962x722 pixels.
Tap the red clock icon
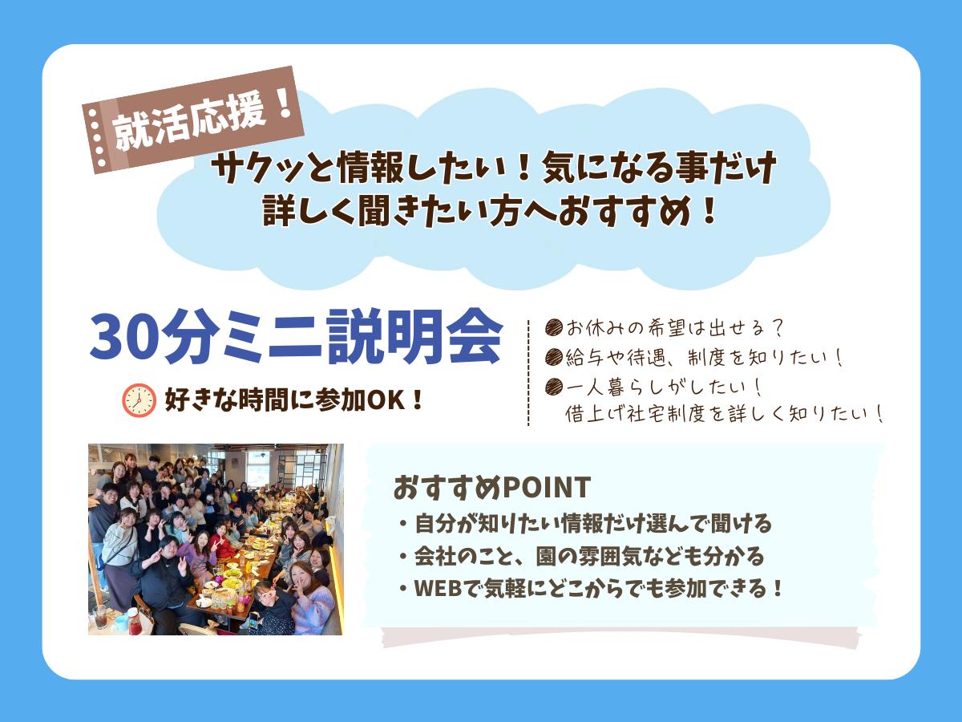tap(138, 400)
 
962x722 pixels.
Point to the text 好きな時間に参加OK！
tap(293, 400)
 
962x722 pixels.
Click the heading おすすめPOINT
tap(491, 486)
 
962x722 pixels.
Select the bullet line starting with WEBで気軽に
tap(588, 588)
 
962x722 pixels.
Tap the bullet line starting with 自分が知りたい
tap(584, 525)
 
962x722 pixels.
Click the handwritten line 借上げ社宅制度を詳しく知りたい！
tap(723, 414)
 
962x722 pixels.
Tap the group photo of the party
tap(216, 539)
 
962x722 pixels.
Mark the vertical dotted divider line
tap(528, 372)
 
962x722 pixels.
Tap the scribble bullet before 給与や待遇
tap(552, 357)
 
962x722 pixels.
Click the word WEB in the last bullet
tap(437, 588)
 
